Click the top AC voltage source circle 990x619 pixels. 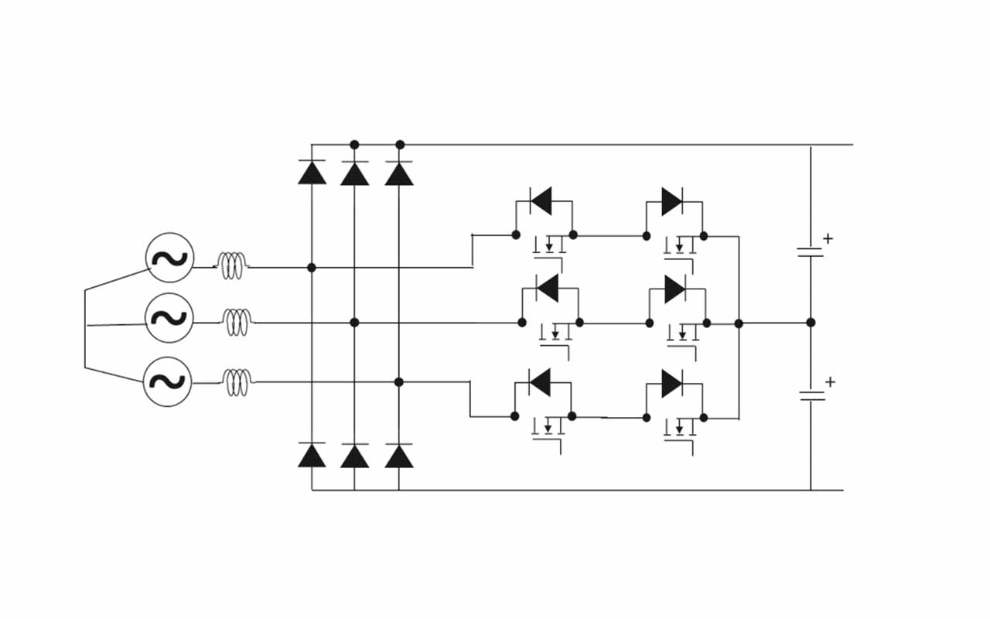tap(169, 258)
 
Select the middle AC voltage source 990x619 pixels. tap(169, 318)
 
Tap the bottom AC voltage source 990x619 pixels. tap(168, 381)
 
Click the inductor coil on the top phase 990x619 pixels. tap(231, 266)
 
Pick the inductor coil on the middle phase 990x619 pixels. tap(237, 322)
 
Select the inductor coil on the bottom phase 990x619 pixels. tap(237, 381)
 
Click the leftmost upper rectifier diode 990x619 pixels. tap(312, 173)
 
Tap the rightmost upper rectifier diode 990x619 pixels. tap(399, 173)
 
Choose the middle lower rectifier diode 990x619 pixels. tap(354, 457)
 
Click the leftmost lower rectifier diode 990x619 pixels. tap(312, 456)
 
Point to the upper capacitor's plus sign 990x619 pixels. tap(828, 238)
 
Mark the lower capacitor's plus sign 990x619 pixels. tap(830, 381)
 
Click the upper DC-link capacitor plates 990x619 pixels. tap(810, 251)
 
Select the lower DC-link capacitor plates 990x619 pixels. tap(811, 395)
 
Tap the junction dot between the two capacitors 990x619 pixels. tap(811, 323)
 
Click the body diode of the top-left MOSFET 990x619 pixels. tap(541, 201)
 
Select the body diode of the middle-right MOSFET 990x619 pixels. tap(674, 289)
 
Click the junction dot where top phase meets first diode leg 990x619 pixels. tap(312, 268)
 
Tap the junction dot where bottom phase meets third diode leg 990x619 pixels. tap(399, 382)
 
